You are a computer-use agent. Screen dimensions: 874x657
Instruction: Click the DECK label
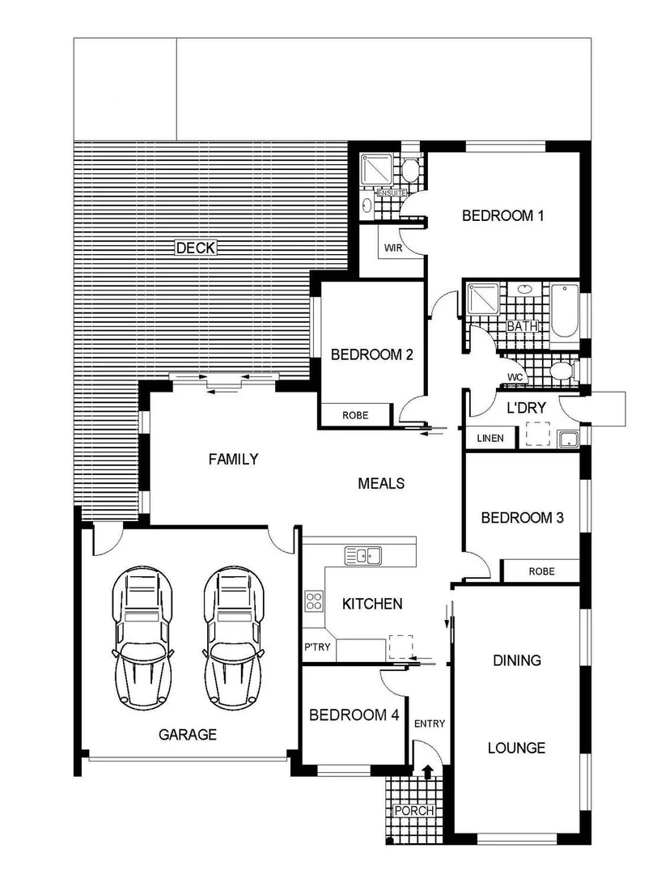pyautogui.click(x=195, y=248)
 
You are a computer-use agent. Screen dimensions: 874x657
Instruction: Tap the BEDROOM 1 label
pyautogui.click(x=502, y=216)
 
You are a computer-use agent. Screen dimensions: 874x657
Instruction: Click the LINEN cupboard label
pyautogui.click(x=490, y=439)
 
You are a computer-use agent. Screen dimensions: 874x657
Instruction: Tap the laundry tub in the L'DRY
pyautogui.click(x=568, y=439)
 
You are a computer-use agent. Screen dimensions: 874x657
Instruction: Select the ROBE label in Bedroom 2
pyautogui.click(x=354, y=415)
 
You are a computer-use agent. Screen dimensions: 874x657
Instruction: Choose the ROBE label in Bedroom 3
pyautogui.click(x=541, y=571)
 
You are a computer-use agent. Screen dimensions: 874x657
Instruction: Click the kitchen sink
pyautogui.click(x=363, y=556)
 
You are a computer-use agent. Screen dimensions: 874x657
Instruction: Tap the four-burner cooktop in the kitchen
pyautogui.click(x=314, y=601)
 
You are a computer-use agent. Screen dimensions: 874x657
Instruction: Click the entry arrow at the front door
pyautogui.click(x=427, y=773)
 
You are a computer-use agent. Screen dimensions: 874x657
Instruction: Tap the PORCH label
pyautogui.click(x=413, y=811)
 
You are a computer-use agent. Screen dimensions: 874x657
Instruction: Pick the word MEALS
pyautogui.click(x=380, y=484)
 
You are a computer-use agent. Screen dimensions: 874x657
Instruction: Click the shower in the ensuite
pyautogui.click(x=375, y=168)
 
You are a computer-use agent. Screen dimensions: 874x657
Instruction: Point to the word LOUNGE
pyautogui.click(x=516, y=749)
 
